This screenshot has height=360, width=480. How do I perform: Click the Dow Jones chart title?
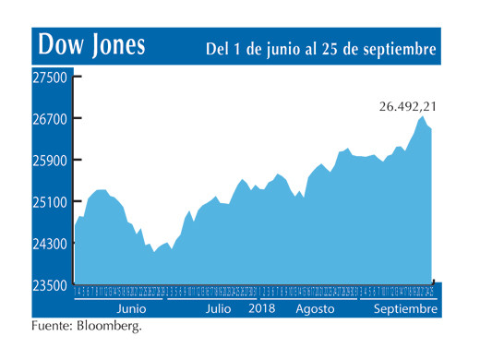(x=90, y=46)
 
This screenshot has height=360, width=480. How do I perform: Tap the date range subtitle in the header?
(x=320, y=47)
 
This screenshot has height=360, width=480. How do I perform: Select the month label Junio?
(x=130, y=309)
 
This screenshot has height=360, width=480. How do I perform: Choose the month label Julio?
(x=218, y=309)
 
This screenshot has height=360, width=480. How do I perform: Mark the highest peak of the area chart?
(x=422, y=117)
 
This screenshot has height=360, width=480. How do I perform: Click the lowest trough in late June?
(x=154, y=251)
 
